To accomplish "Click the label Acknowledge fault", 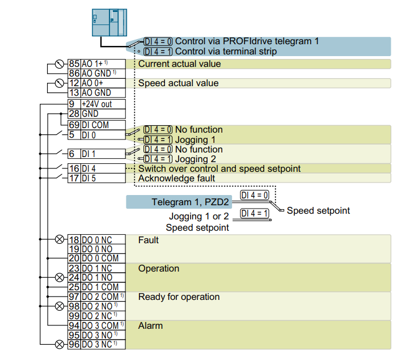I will click(x=176, y=178).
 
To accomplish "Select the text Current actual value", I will click(x=179, y=64).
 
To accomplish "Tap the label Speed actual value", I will click(x=178, y=83).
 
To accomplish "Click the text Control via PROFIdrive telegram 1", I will click(x=247, y=41).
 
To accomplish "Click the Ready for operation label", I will click(x=179, y=297).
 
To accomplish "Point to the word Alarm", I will click(x=150, y=326).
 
